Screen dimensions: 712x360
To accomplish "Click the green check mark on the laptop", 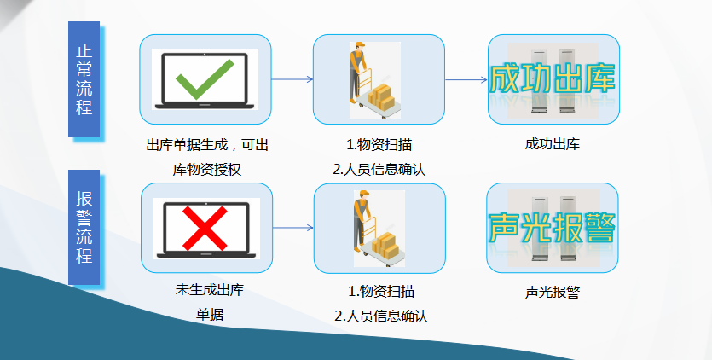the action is click(x=205, y=78).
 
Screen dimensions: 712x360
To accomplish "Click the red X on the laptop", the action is click(x=205, y=228).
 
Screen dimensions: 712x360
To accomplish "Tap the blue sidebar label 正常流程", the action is click(x=84, y=79).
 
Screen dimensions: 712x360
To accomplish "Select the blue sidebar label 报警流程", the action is click(x=84, y=227).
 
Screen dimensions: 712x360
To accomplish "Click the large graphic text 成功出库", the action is click(x=553, y=78).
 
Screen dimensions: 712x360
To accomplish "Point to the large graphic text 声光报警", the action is click(x=553, y=227).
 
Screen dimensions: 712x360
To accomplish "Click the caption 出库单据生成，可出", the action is click(x=207, y=145).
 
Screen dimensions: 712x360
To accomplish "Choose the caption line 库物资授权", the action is click(x=207, y=170).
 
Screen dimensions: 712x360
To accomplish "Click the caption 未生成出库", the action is click(x=210, y=290).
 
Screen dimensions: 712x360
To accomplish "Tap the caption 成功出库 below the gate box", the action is click(x=553, y=144).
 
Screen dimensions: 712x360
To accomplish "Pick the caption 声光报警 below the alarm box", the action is click(x=553, y=293).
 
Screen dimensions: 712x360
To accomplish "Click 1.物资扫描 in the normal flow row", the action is click(x=379, y=145).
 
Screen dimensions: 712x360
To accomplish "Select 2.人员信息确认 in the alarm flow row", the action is click(x=381, y=316).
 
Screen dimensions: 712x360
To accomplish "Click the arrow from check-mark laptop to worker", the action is click(x=292, y=79).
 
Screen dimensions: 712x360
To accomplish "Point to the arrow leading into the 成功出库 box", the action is click(x=466, y=79).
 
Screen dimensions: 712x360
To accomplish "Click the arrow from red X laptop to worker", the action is click(x=292, y=227).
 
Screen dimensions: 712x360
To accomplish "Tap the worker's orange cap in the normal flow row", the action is click(x=360, y=45).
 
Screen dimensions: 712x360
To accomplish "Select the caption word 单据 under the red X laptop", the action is click(x=210, y=315).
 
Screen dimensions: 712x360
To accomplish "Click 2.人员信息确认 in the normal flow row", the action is click(x=379, y=170).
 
